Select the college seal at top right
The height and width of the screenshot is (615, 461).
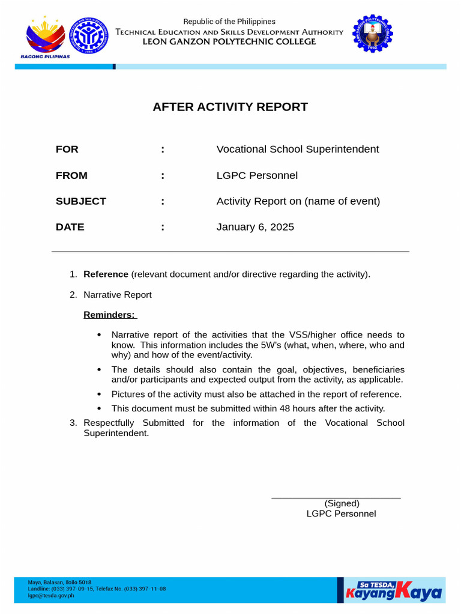[x=372, y=34]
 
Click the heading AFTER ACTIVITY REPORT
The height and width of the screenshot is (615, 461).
[x=230, y=107]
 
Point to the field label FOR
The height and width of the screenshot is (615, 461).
[x=67, y=149]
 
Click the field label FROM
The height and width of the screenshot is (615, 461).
[x=71, y=175]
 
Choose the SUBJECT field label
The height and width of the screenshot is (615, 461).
[x=80, y=201]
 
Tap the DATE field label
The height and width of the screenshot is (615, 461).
[x=70, y=227]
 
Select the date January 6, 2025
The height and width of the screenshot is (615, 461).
[x=255, y=227]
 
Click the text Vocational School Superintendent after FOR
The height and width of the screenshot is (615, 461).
[x=297, y=149]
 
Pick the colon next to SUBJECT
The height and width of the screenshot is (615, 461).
[x=163, y=201]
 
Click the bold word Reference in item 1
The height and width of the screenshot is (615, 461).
[x=106, y=274]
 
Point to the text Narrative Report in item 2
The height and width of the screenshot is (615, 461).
[x=117, y=295]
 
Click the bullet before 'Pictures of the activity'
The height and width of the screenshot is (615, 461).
[x=99, y=394]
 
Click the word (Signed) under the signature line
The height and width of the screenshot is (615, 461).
[x=342, y=503]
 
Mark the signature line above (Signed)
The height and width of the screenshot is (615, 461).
[x=336, y=498]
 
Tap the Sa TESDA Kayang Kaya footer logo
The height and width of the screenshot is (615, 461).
[x=394, y=590]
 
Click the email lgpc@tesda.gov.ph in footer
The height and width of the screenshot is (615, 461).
[x=52, y=596]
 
